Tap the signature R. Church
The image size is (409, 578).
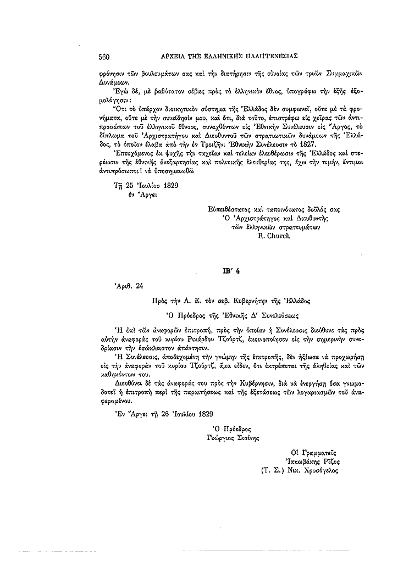pos(273,235)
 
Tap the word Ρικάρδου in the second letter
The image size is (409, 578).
pos(208,341)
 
